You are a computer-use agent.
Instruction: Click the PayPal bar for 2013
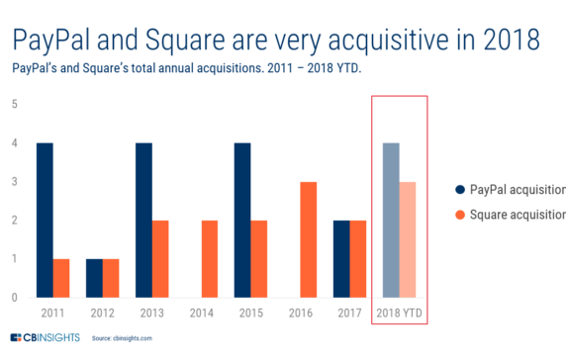click(x=143, y=221)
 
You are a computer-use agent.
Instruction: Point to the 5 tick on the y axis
click(x=14, y=104)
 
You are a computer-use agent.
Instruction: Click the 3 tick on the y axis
click(x=14, y=182)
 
